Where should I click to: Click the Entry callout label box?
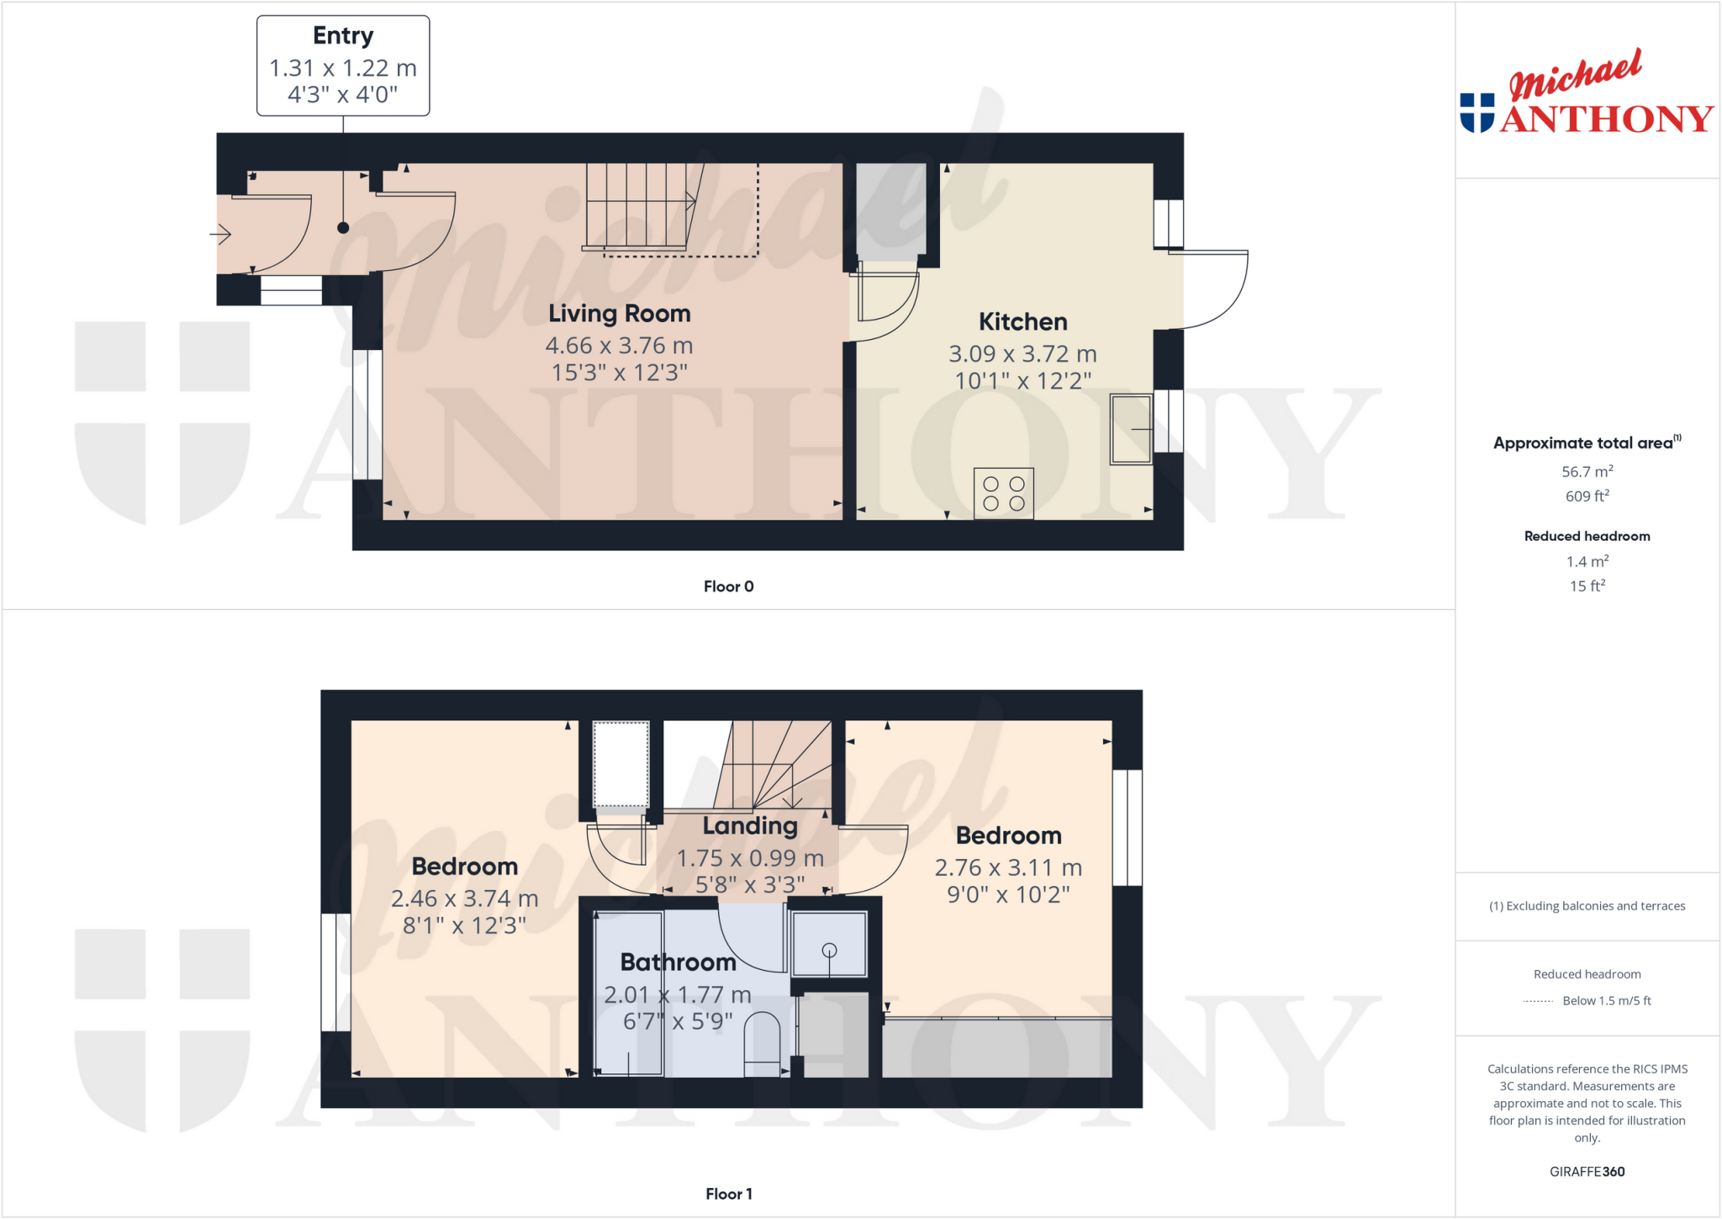coord(343,66)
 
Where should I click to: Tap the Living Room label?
coord(619,314)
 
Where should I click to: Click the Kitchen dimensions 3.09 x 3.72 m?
coord(1022,354)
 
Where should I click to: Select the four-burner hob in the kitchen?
coord(1003,494)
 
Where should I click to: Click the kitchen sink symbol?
coord(1131,429)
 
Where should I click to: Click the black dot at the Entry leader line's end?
coord(343,228)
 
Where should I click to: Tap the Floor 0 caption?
coord(728,586)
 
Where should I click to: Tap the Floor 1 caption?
coord(728,1194)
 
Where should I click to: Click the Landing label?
coord(750,826)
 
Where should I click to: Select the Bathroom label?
coord(678,962)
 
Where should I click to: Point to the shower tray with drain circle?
coord(829,945)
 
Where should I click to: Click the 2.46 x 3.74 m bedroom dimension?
coord(464,899)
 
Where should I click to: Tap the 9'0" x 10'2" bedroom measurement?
coord(1008,894)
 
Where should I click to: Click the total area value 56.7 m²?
coord(1587,472)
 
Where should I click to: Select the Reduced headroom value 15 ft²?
coord(1587,586)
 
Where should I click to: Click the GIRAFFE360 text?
coord(1587,1172)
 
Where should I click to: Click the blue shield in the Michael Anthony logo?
coord(1477,113)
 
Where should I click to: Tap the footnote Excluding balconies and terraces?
coord(1587,906)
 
